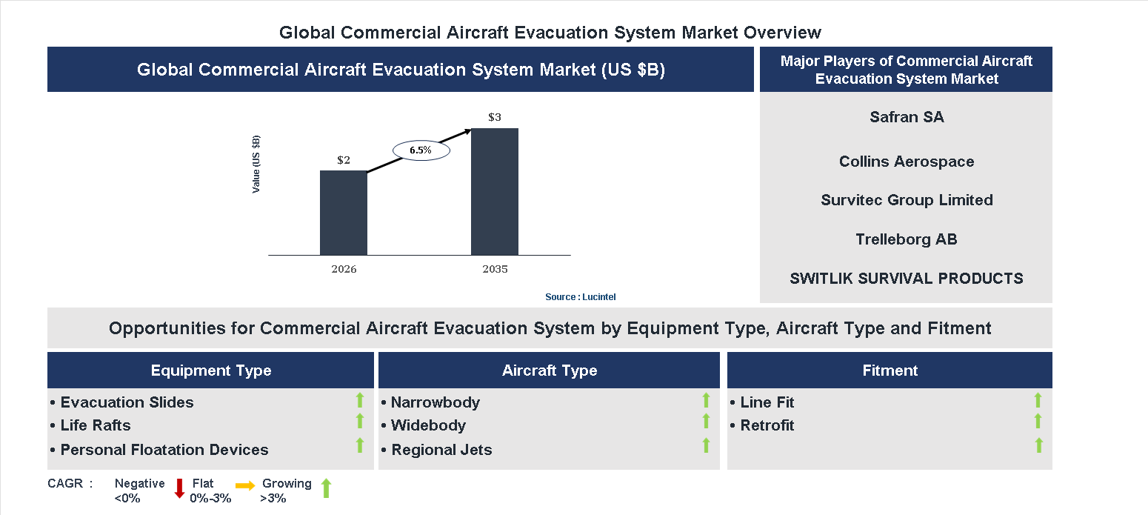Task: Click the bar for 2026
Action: pos(343,213)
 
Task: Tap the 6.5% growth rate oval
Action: pos(420,150)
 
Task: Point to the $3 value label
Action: pos(495,117)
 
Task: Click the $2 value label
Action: pos(344,160)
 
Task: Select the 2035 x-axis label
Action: pos(495,269)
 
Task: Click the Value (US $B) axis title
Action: pos(256,165)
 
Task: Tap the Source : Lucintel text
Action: pos(580,296)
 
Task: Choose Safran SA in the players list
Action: pos(907,117)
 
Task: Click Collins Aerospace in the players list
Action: pos(907,162)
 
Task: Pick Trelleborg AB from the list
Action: pos(907,239)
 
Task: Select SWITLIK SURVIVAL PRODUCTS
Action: pos(907,279)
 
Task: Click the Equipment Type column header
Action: pos(211,371)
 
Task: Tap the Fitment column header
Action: pos(890,371)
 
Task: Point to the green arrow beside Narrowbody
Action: pos(706,400)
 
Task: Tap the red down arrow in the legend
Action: pos(178,488)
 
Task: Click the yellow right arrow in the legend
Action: pos(245,486)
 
